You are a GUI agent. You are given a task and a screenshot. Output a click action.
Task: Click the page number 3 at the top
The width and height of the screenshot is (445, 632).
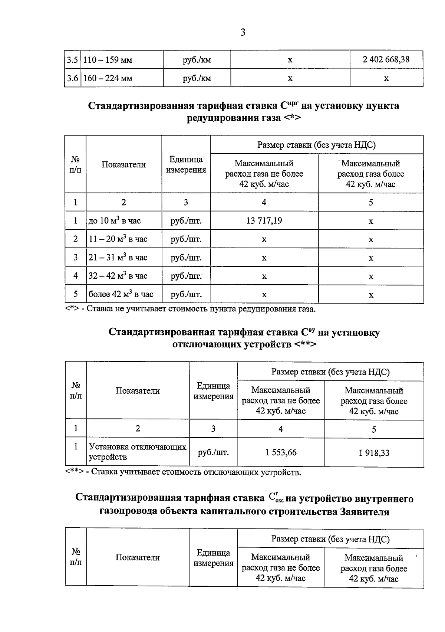tap(243, 33)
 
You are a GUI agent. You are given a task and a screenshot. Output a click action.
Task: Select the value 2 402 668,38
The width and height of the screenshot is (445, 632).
tap(386, 59)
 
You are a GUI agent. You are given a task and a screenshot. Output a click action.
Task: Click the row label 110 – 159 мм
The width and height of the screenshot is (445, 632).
tap(108, 60)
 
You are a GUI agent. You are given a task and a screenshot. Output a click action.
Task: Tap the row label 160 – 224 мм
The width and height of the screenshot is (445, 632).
tap(108, 78)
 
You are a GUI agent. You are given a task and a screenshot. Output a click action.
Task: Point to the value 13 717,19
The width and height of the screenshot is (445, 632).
tap(264, 221)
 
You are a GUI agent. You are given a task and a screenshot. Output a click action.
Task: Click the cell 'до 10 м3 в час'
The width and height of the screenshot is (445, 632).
tap(115, 221)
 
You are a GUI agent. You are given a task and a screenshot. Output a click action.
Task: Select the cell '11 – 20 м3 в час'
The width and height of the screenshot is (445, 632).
tap(118, 239)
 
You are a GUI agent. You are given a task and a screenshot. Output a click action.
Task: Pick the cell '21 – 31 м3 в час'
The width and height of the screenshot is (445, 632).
tap(118, 258)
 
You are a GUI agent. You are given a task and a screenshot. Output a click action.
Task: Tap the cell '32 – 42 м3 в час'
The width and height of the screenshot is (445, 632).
tap(118, 276)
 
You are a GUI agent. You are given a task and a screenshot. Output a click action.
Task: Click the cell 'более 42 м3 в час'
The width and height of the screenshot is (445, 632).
tap(121, 294)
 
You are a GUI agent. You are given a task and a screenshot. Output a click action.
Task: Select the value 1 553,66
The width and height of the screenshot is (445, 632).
tap(281, 452)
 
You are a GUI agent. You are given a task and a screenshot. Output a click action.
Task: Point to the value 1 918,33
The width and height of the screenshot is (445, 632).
tap(374, 453)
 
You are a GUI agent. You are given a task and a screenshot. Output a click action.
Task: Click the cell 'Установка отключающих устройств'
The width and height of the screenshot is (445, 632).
tap(138, 452)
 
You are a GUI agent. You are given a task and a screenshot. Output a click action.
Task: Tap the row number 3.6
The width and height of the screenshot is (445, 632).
tap(72, 78)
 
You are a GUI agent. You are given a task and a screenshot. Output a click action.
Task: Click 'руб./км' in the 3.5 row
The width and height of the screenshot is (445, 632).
tap(197, 60)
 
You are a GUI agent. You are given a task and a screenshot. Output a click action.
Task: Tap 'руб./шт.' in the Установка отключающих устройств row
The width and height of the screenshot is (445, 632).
tap(213, 452)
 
